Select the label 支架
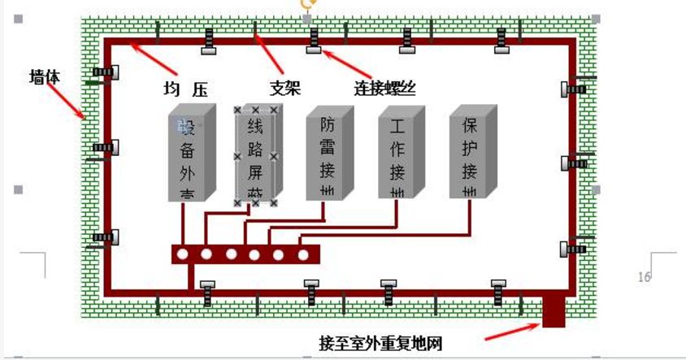pos(285,88)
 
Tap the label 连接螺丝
pos(384,88)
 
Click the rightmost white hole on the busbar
pos(303,255)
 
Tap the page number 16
pos(645,277)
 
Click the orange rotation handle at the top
pos(306,3)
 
